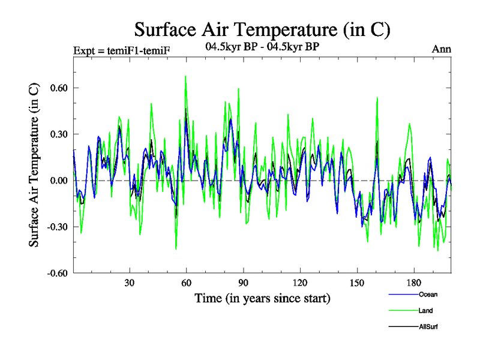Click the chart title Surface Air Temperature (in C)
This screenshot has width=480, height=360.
pos(262,29)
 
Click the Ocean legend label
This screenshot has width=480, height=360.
pos(428,294)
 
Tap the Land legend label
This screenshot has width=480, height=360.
pos(426,310)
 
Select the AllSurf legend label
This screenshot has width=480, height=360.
pos(429,326)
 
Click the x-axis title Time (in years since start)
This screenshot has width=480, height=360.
pos(262,298)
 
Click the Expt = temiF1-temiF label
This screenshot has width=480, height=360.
pos(122,50)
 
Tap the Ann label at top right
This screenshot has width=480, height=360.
pos(442,49)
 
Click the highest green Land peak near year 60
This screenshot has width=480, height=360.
pos(185,77)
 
